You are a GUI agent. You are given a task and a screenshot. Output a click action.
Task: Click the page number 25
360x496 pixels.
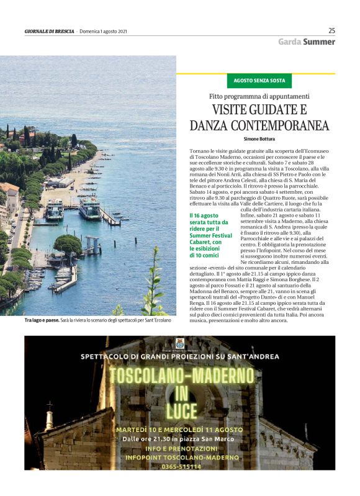[x=331, y=30]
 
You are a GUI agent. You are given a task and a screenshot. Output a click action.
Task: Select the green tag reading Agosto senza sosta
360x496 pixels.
[x=260, y=80]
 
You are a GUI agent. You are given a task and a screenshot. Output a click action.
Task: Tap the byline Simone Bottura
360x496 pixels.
[x=259, y=139]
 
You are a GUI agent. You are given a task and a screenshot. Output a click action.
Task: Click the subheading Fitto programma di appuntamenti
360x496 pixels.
[x=259, y=96]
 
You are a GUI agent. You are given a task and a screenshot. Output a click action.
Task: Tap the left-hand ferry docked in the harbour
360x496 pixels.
[x=54, y=210]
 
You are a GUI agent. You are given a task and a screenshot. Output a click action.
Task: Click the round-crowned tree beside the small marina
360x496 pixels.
[x=67, y=243]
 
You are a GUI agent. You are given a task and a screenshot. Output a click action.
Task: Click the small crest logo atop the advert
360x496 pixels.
[x=180, y=343]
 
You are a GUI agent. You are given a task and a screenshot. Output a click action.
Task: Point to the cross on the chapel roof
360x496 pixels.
[x=49, y=406]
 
